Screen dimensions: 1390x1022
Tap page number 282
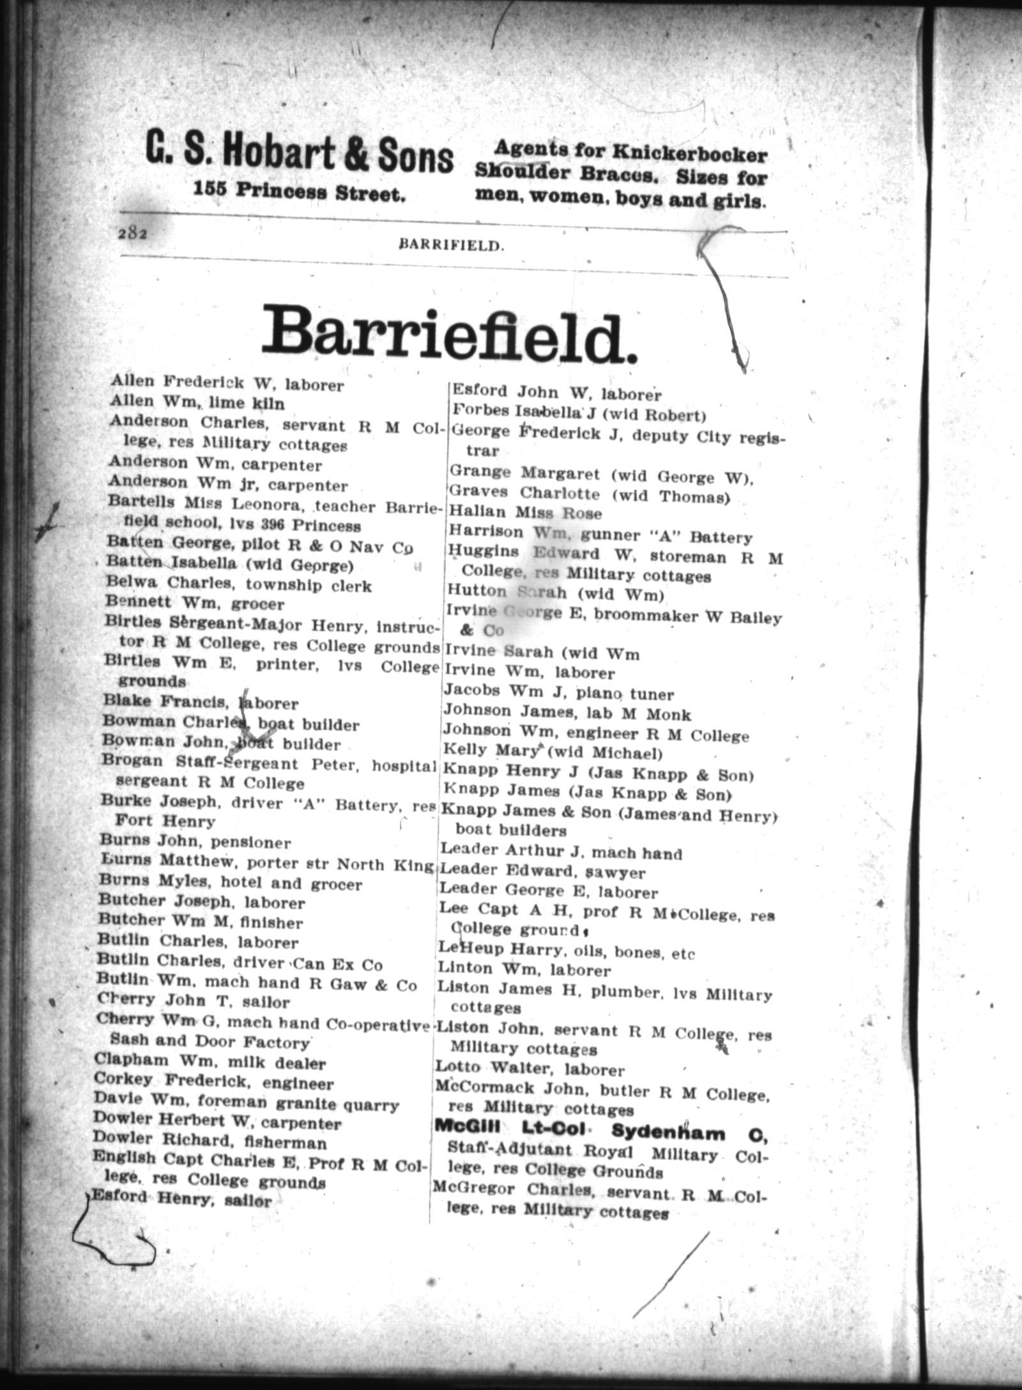pos(133,234)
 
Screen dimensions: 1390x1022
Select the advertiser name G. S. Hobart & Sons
pos(299,158)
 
